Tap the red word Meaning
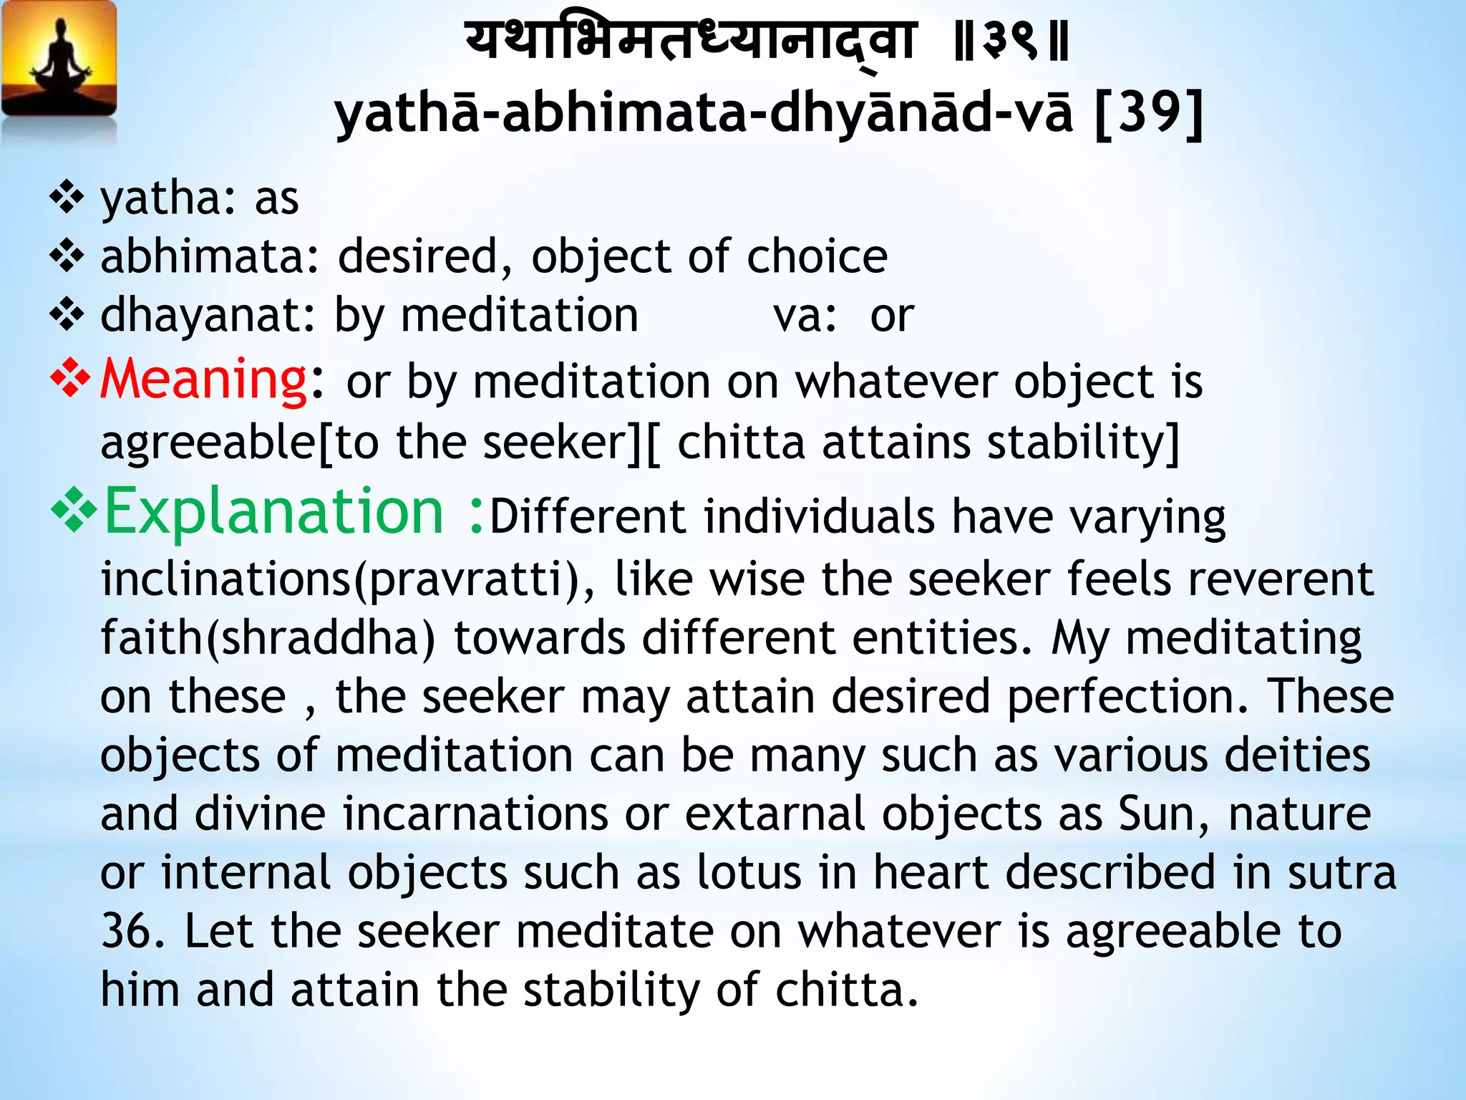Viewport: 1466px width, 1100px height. tap(203, 380)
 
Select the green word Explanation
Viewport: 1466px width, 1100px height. tap(274, 511)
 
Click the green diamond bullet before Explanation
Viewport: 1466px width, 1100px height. tap(73, 513)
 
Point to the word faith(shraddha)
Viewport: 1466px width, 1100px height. tap(267, 637)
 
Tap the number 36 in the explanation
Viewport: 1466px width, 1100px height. tap(132, 931)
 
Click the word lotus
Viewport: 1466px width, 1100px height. tap(749, 873)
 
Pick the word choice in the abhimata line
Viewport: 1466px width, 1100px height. tap(816, 256)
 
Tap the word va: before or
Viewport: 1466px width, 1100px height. tap(804, 315)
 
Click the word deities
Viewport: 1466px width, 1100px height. tap(1296, 756)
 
